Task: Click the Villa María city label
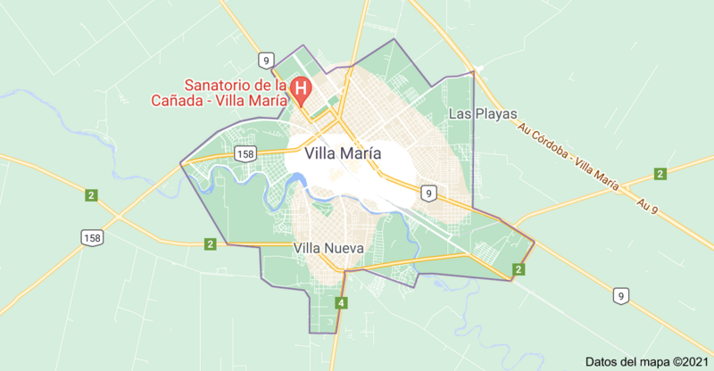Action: (343, 153)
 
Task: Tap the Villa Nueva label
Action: (328, 248)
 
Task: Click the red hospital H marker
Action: (302, 88)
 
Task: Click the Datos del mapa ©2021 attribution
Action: (644, 361)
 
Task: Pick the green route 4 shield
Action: (341, 304)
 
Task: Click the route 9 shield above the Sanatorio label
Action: (265, 60)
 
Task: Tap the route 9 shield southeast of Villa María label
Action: (429, 193)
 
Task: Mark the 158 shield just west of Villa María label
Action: (245, 154)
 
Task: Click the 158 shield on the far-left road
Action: (90, 237)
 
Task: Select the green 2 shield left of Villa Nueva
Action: (210, 243)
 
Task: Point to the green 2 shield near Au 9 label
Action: (660, 173)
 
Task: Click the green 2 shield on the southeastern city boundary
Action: (518, 269)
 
